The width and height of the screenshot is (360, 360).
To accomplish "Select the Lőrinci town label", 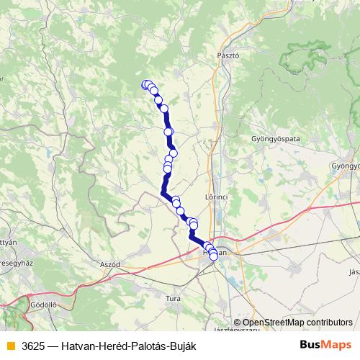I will pos(216,196).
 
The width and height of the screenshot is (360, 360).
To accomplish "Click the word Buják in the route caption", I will pos(181,346).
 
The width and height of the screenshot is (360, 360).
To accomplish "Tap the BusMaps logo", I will pos(325,345).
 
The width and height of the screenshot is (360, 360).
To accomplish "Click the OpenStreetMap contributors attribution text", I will pos(297,323).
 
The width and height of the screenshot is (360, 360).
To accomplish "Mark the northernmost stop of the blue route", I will pos(146,84).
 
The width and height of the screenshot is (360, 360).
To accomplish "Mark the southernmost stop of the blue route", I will pos(214,257).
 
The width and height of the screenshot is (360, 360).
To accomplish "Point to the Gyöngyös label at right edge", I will pos(345,166).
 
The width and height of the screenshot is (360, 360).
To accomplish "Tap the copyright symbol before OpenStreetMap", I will pos(237,323).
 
